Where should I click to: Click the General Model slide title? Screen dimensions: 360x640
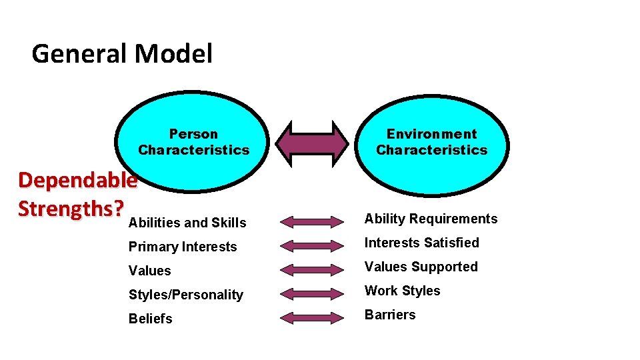pos(122,53)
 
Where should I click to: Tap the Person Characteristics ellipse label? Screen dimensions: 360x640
pos(193,142)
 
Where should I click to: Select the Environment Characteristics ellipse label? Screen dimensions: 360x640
pos(431,142)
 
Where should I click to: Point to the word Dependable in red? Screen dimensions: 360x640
pos(77,180)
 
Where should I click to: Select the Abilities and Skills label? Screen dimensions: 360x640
pos(187,223)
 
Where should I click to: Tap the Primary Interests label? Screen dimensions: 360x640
pos(183,247)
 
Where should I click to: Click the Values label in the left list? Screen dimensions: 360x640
pos(150,271)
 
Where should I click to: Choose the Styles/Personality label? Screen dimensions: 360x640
pos(186,295)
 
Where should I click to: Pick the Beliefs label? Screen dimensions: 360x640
pos(151,319)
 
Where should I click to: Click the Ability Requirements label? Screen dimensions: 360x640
pos(431,219)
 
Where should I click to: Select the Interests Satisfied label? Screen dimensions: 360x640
pos(421,243)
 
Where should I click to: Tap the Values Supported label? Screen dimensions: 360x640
pos(421,267)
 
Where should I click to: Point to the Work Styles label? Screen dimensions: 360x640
pos(402,291)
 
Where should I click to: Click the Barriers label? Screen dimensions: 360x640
pos(390,315)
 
